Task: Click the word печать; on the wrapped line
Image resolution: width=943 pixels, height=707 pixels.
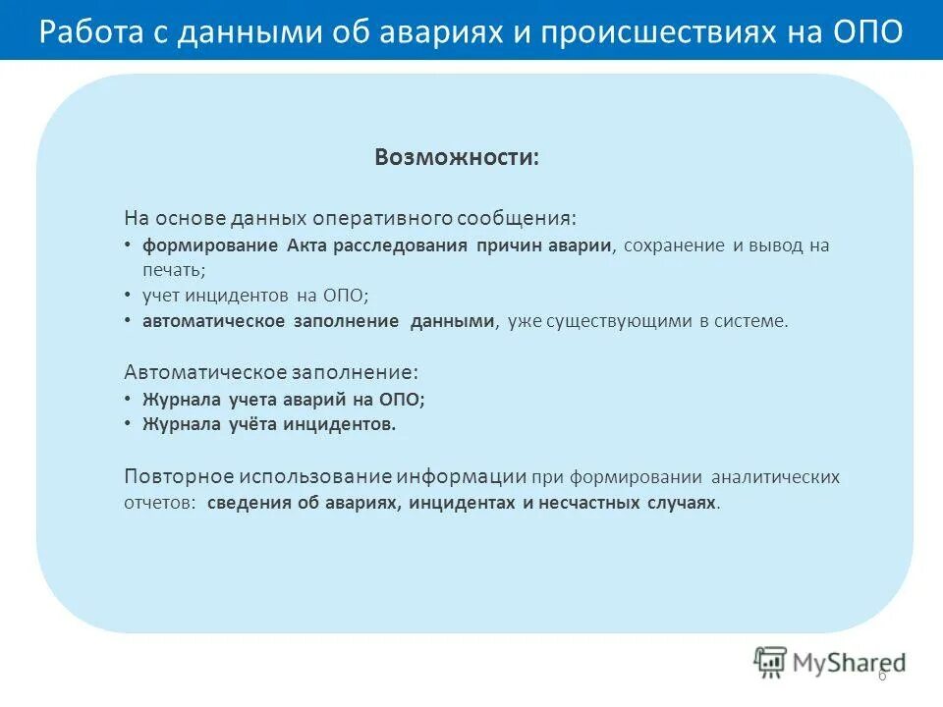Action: click(174, 268)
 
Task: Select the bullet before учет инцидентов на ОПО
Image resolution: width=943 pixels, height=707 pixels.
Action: click(129, 295)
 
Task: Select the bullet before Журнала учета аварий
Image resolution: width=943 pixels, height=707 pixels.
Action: click(129, 399)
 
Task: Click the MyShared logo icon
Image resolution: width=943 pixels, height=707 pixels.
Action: click(770, 661)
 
